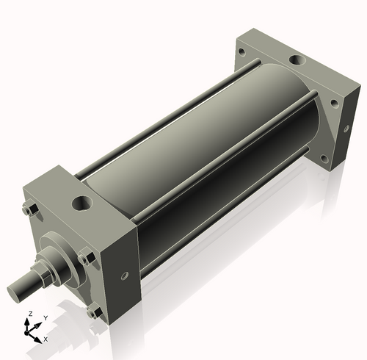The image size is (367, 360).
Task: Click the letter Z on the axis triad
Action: point(29,314)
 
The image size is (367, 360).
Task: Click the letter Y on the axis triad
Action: point(45,317)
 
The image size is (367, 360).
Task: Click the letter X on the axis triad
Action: point(46,339)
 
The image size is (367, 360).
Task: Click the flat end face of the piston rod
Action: point(16,291)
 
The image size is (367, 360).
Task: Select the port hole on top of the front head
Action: point(80,201)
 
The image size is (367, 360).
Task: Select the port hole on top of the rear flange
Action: point(297,60)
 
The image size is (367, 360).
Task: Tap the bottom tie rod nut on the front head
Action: point(92,312)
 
